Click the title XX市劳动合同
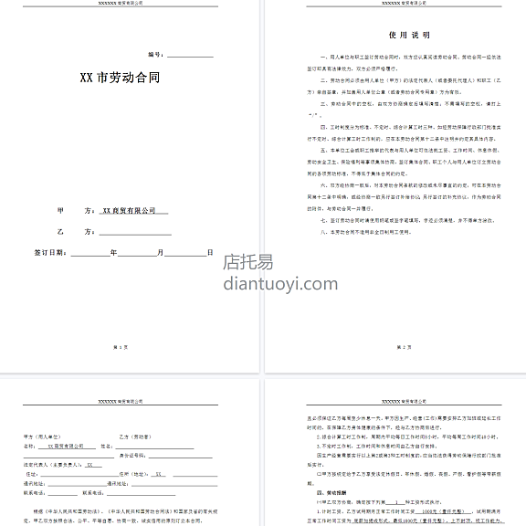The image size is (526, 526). (120, 78)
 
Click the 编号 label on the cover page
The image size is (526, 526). (154, 55)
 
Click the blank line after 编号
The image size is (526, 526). (189, 56)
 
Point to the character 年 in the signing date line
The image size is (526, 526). (113, 252)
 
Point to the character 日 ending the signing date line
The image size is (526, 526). (209, 252)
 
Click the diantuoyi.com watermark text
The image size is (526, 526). (275, 282)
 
